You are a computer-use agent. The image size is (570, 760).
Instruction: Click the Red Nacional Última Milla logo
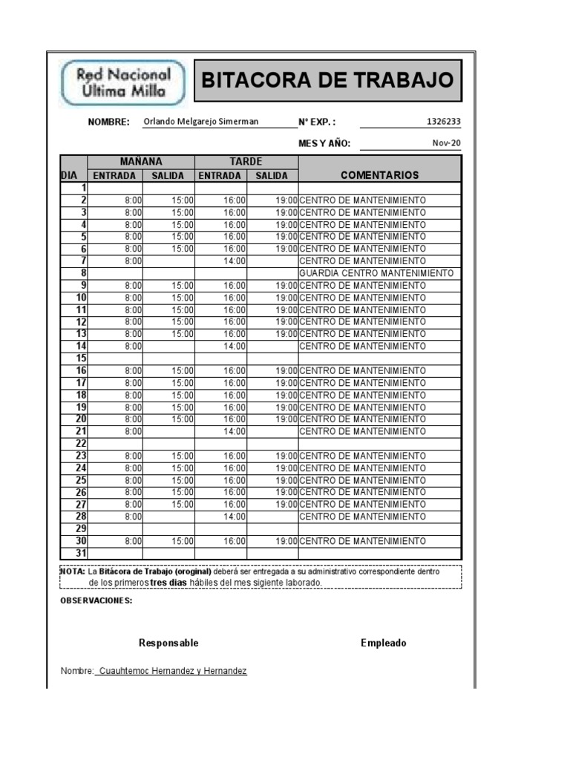click(124, 83)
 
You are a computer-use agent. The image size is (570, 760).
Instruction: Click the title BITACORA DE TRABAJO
click(327, 80)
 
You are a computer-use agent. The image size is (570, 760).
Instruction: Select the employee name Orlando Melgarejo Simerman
click(201, 122)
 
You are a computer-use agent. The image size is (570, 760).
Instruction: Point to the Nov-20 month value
click(447, 143)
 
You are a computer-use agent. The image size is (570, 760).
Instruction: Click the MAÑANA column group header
click(141, 162)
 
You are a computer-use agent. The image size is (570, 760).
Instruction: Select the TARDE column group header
click(246, 162)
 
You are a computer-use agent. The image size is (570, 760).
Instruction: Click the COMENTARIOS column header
click(379, 175)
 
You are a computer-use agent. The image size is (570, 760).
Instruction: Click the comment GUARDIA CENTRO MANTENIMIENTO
click(376, 273)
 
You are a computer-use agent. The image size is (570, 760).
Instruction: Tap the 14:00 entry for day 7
click(235, 261)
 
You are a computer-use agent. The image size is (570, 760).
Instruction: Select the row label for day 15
click(81, 358)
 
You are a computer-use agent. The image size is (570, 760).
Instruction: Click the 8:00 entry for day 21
click(133, 431)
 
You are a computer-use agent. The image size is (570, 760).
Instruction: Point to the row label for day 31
click(81, 553)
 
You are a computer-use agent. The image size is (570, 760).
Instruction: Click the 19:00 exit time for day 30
click(286, 541)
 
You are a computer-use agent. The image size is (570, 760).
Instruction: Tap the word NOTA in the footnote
click(72, 571)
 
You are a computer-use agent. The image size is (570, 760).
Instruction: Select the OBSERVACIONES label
click(96, 600)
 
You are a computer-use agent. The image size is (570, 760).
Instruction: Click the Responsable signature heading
click(168, 643)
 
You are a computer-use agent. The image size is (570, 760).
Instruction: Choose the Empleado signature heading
click(384, 643)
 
